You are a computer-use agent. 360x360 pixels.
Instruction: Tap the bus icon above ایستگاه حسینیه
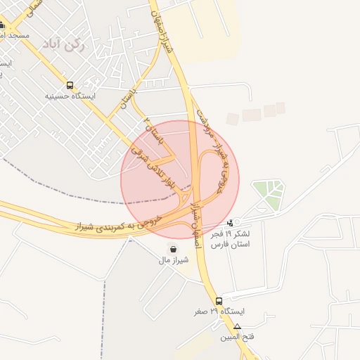pyautogui.click(x=70, y=84)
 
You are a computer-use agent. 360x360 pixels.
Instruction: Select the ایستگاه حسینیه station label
pyautogui.click(x=70, y=96)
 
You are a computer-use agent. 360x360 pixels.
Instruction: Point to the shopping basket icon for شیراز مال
pyautogui.click(x=173, y=249)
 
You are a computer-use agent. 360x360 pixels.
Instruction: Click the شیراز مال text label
pyautogui.click(x=173, y=260)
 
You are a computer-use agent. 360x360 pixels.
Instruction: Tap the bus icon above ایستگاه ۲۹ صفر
pyautogui.click(x=219, y=301)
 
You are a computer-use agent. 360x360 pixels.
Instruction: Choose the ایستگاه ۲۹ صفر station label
pyautogui.click(x=220, y=311)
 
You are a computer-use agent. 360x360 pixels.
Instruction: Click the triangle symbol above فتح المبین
pyautogui.click(x=238, y=326)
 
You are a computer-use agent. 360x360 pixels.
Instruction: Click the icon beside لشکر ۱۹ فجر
pyautogui.click(x=233, y=223)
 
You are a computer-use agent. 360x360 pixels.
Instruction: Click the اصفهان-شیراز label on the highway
pyautogui.click(x=195, y=219)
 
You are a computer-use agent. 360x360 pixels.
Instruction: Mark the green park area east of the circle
pyautogui.click(x=268, y=193)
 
